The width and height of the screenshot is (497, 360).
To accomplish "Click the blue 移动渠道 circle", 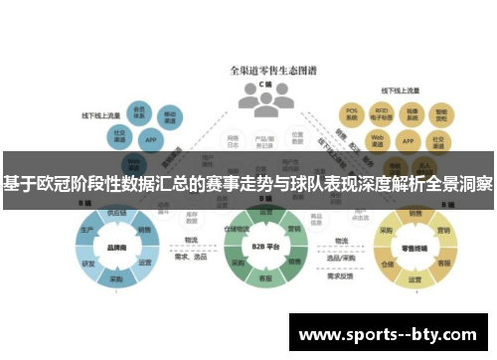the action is coord(170,118).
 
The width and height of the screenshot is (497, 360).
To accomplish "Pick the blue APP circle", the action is coord(151,140).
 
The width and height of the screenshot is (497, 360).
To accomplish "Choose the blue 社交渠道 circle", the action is coord(119,135).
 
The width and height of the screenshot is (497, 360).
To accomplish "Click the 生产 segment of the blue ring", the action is coord(86,229).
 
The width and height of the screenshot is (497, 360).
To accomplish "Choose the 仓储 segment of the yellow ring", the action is coord(388,266).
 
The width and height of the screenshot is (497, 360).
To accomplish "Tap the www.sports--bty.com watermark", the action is coord(389,334).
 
